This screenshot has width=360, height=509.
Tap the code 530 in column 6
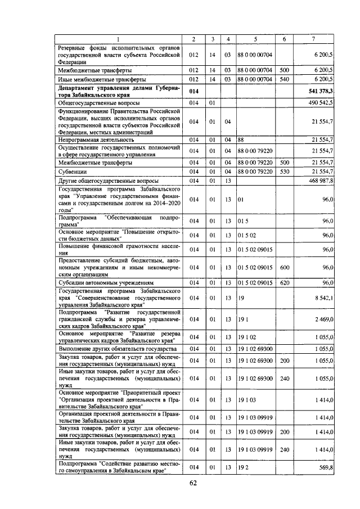point(285,171)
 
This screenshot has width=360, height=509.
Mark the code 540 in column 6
point(285,80)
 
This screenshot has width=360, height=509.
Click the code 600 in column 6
point(285,268)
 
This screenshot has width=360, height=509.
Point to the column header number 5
point(255,39)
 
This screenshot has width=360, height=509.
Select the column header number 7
point(313,39)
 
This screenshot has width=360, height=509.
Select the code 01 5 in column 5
point(243,221)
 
